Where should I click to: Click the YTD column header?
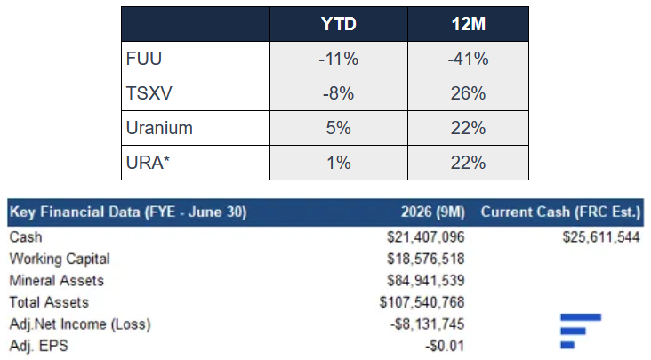click(x=338, y=24)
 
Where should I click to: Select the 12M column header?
click(x=469, y=24)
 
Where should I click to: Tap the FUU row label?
click(x=144, y=59)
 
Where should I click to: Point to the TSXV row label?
click(x=149, y=93)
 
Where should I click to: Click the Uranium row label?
click(x=159, y=128)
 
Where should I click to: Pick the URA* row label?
click(x=148, y=163)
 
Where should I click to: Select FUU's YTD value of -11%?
click(x=338, y=59)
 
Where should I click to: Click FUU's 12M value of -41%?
click(x=468, y=59)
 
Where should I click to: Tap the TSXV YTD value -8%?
click(x=338, y=93)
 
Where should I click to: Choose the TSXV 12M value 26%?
click(x=469, y=93)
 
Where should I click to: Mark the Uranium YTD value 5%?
click(x=338, y=128)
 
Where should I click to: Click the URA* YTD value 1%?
click(x=338, y=163)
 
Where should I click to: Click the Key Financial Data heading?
click(x=128, y=212)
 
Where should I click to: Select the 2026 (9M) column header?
click(x=432, y=212)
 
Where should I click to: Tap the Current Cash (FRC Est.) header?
click(x=561, y=212)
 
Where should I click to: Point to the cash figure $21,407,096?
click(x=426, y=237)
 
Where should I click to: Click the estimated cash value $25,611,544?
click(x=601, y=237)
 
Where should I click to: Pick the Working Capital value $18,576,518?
click(x=426, y=259)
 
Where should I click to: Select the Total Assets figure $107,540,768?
click(x=422, y=302)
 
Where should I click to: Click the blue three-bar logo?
click(x=581, y=331)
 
